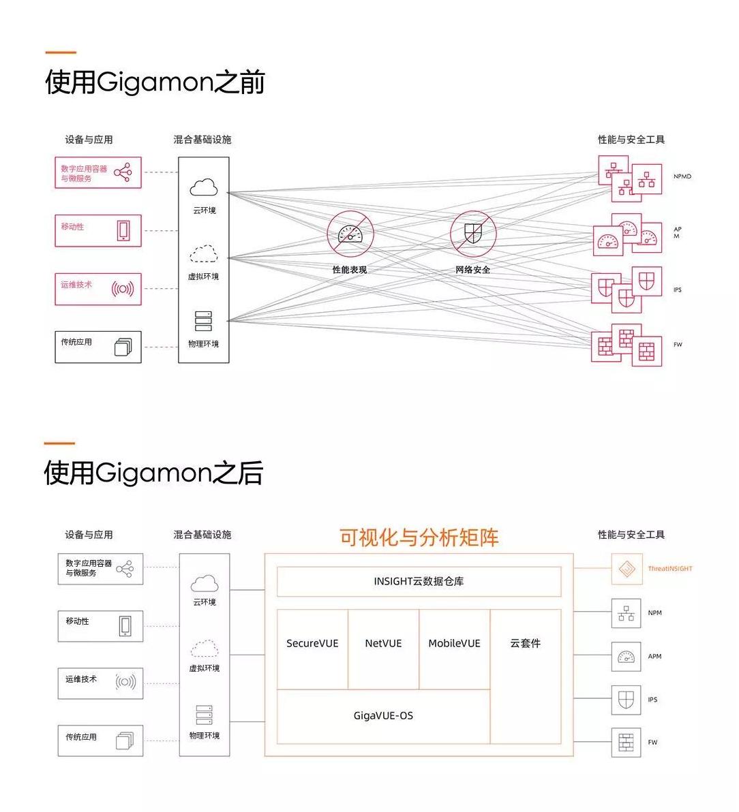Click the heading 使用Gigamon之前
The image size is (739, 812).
pos(155,82)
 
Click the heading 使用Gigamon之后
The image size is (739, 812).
pos(153,473)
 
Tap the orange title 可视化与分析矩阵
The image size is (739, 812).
pos(419,537)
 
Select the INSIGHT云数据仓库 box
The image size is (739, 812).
pos(419,582)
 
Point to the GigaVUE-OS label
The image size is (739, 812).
pos(383,716)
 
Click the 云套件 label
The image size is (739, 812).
pos(525,644)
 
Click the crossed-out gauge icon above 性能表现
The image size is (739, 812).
pos(350,234)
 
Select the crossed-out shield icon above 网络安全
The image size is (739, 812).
pos(472,234)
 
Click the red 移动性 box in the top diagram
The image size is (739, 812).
pos(98,230)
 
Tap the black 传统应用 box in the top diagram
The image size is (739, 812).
pos(98,347)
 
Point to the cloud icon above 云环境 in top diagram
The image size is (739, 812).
pos(204,187)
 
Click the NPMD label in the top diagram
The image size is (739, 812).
pos(682,176)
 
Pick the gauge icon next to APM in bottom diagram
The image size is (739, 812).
pos(626,657)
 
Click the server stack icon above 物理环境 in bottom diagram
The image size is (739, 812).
pos(204,715)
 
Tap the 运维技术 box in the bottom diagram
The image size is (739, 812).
pos(100,683)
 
